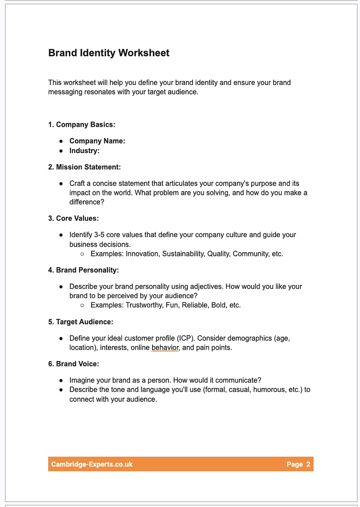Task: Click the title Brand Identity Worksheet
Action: coord(109,53)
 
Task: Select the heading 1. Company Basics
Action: coord(82,124)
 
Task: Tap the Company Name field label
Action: coord(97,141)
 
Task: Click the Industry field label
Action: coord(84,151)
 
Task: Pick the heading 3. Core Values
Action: coord(74,218)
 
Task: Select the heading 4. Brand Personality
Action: coord(84,270)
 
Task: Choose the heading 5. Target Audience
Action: coord(81,322)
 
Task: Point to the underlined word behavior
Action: coord(165,348)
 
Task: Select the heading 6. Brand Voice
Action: coord(74,364)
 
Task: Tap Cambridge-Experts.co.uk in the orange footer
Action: coord(92,464)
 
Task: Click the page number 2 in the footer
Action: coord(308,464)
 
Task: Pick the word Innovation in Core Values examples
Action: coord(143,253)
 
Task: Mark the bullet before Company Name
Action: coord(61,141)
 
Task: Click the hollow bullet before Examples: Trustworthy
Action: coord(82,305)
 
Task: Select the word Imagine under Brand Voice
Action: coord(83,380)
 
